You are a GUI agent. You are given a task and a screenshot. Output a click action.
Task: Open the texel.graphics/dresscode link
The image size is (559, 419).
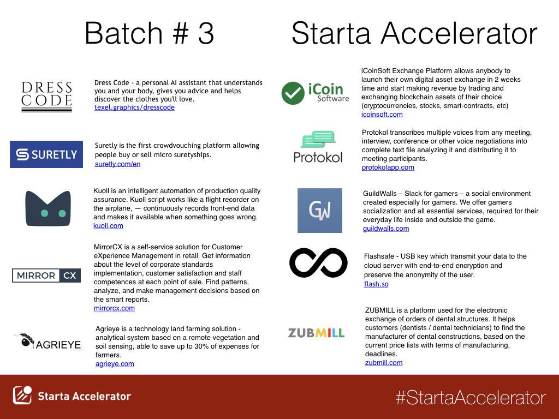click(134, 107)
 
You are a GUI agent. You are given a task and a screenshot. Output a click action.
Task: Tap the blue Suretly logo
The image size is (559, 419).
click(46, 154)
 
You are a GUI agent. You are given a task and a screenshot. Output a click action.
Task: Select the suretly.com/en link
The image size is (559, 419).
click(118, 164)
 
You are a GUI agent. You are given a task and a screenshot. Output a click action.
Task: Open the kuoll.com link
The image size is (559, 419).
click(108, 225)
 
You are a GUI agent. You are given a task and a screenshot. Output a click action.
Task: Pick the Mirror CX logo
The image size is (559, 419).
click(46, 276)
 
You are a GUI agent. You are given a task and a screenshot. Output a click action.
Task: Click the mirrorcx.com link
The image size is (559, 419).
click(114, 308)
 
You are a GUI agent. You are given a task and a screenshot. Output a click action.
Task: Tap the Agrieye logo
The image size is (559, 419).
click(48, 342)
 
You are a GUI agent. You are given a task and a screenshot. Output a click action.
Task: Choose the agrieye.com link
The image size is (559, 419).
click(115, 364)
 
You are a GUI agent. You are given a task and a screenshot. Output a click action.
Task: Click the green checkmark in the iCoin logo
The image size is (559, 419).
click(293, 93)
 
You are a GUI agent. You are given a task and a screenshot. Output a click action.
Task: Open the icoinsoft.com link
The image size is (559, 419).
click(382, 115)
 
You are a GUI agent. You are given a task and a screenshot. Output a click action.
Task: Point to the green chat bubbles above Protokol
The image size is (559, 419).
click(318, 139)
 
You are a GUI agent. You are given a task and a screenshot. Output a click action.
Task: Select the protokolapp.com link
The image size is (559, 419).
click(388, 167)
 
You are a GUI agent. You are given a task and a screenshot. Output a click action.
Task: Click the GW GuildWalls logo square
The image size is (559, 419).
click(320, 211)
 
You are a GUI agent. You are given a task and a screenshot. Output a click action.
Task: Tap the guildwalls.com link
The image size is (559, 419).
click(386, 229)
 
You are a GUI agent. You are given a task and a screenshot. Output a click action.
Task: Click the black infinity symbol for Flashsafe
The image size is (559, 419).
click(318, 263)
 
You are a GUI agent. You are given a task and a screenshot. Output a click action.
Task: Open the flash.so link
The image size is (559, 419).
click(376, 284)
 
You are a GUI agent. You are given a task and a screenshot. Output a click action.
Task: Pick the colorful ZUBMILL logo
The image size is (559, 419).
click(316, 333)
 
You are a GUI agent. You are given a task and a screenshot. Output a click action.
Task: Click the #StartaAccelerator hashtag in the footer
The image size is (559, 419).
click(471, 398)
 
